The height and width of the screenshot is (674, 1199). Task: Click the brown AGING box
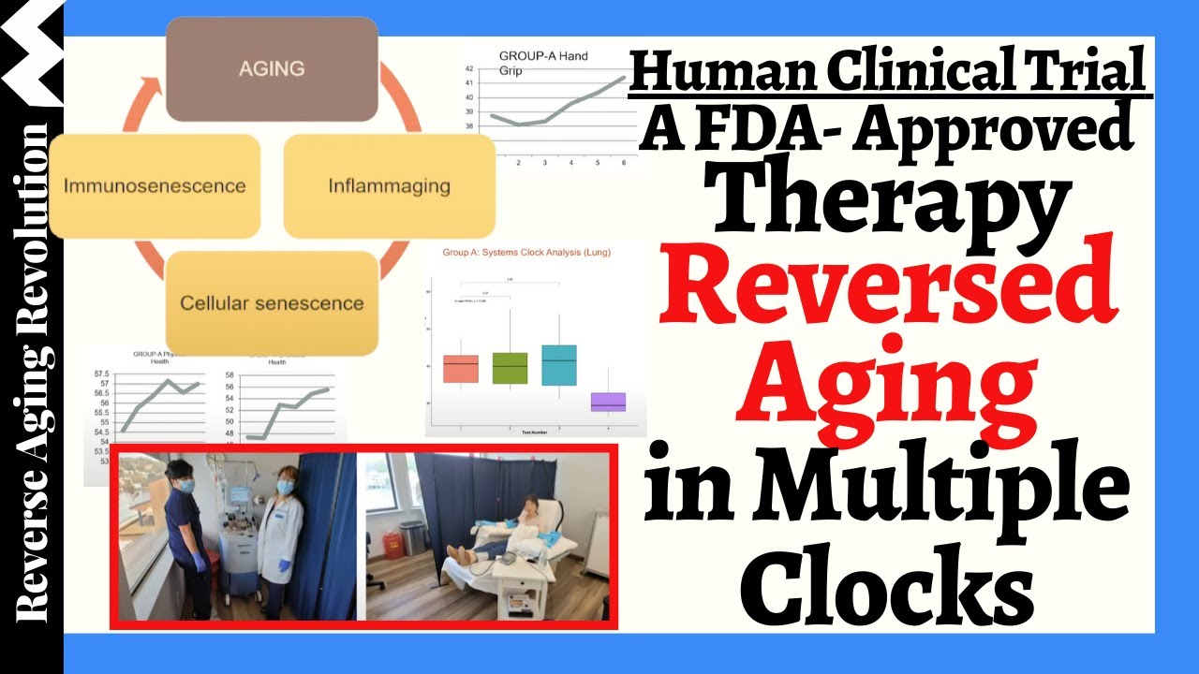pos(272,69)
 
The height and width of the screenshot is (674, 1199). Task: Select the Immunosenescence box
pos(155,185)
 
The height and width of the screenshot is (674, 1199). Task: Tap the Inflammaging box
pos(389,185)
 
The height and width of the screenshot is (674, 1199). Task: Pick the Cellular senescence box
pos(272,303)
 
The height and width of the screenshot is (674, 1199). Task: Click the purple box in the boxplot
pos(609,402)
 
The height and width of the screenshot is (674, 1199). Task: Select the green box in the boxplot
pos(510,368)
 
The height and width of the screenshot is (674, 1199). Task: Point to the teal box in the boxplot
pos(559,365)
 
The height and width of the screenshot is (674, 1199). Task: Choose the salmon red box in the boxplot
pos(460,369)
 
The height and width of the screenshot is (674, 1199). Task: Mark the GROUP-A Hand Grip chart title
pos(543,63)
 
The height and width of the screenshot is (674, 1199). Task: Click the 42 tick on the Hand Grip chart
pos(469,68)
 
